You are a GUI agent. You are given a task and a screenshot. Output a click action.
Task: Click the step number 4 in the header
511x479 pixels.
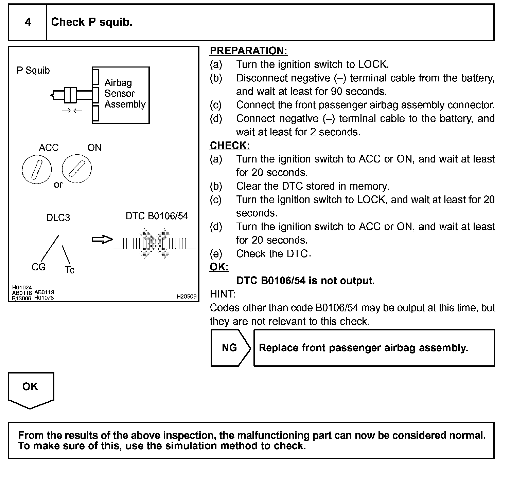pyautogui.click(x=28, y=22)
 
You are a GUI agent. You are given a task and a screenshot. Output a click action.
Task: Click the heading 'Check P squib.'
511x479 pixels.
pyautogui.click(x=91, y=22)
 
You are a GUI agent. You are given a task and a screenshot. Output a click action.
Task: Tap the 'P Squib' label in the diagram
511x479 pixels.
pyautogui.click(x=33, y=71)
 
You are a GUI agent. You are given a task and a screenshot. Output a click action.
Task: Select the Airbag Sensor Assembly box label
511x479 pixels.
pyautogui.click(x=125, y=93)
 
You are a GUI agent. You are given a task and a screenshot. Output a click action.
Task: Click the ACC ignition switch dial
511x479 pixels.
pyautogui.click(x=37, y=169)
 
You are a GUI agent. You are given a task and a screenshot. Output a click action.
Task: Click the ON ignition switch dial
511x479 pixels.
pyautogui.click(x=77, y=169)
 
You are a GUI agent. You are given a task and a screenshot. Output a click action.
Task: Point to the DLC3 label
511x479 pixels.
pyautogui.click(x=58, y=218)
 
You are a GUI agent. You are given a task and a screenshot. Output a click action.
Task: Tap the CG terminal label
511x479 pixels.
pyautogui.click(x=38, y=267)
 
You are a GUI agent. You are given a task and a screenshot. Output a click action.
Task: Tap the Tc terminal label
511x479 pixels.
pyautogui.click(x=70, y=270)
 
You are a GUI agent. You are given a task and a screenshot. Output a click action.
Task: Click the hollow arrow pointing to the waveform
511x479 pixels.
pyautogui.click(x=102, y=240)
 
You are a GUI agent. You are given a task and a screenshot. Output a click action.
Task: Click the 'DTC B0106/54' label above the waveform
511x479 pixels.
pyautogui.click(x=157, y=216)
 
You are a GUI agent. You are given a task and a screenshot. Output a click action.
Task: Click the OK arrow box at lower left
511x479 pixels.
pyautogui.click(x=31, y=388)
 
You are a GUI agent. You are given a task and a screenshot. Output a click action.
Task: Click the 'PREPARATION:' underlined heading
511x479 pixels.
pyautogui.click(x=248, y=51)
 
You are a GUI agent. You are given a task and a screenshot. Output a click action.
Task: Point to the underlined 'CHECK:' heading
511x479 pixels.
pyautogui.click(x=230, y=146)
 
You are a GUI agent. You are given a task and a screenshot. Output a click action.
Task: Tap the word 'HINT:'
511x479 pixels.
pyautogui.click(x=223, y=294)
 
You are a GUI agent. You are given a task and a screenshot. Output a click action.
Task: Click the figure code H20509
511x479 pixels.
pyautogui.click(x=187, y=296)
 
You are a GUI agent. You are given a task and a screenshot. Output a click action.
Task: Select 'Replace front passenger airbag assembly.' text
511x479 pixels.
pyautogui.click(x=363, y=348)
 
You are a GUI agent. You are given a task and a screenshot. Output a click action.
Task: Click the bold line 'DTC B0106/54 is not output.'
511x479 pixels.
pyautogui.click(x=305, y=281)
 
